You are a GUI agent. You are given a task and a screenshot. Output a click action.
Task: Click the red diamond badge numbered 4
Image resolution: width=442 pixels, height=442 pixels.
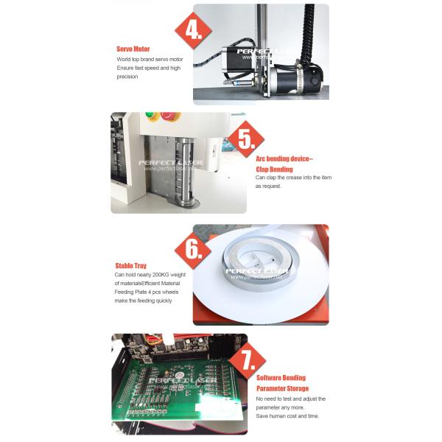pos(193,32)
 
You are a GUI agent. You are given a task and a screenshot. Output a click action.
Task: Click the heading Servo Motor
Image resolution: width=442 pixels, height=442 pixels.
pos(133,48)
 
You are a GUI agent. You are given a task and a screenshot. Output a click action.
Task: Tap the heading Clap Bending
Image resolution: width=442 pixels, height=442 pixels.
pos(274,169)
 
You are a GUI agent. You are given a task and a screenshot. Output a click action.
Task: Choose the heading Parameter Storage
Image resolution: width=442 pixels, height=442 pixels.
pos(282,388)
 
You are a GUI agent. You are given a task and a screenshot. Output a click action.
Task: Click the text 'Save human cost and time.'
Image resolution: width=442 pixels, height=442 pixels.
pos(288,416)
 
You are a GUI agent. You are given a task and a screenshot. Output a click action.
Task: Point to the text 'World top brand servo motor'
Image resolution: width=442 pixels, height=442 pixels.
pos(150,59)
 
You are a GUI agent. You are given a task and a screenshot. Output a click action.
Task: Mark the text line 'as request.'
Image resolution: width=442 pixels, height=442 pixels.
pos(268,186)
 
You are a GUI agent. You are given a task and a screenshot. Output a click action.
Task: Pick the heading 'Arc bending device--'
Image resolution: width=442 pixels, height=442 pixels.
pos(284,158)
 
